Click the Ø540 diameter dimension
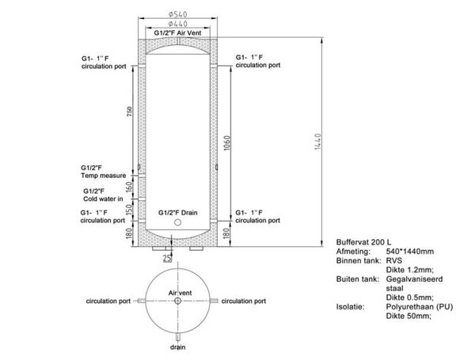click(178, 14)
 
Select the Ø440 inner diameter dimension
click(178, 24)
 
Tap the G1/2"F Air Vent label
click(177, 33)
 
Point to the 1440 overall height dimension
click(317, 142)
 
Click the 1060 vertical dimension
click(228, 143)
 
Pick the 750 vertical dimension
click(130, 112)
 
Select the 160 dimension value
click(129, 187)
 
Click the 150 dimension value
click(129, 210)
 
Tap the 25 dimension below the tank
click(167, 258)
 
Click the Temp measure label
click(103, 176)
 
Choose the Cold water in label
click(103, 199)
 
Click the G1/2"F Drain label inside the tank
click(178, 213)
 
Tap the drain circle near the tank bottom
click(178, 222)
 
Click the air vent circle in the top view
click(178, 301)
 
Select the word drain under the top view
click(178, 347)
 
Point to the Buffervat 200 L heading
click(363, 242)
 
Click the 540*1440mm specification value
click(410, 252)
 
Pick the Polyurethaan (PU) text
click(420, 307)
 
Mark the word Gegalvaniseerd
click(414, 279)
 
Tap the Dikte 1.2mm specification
click(410, 270)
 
